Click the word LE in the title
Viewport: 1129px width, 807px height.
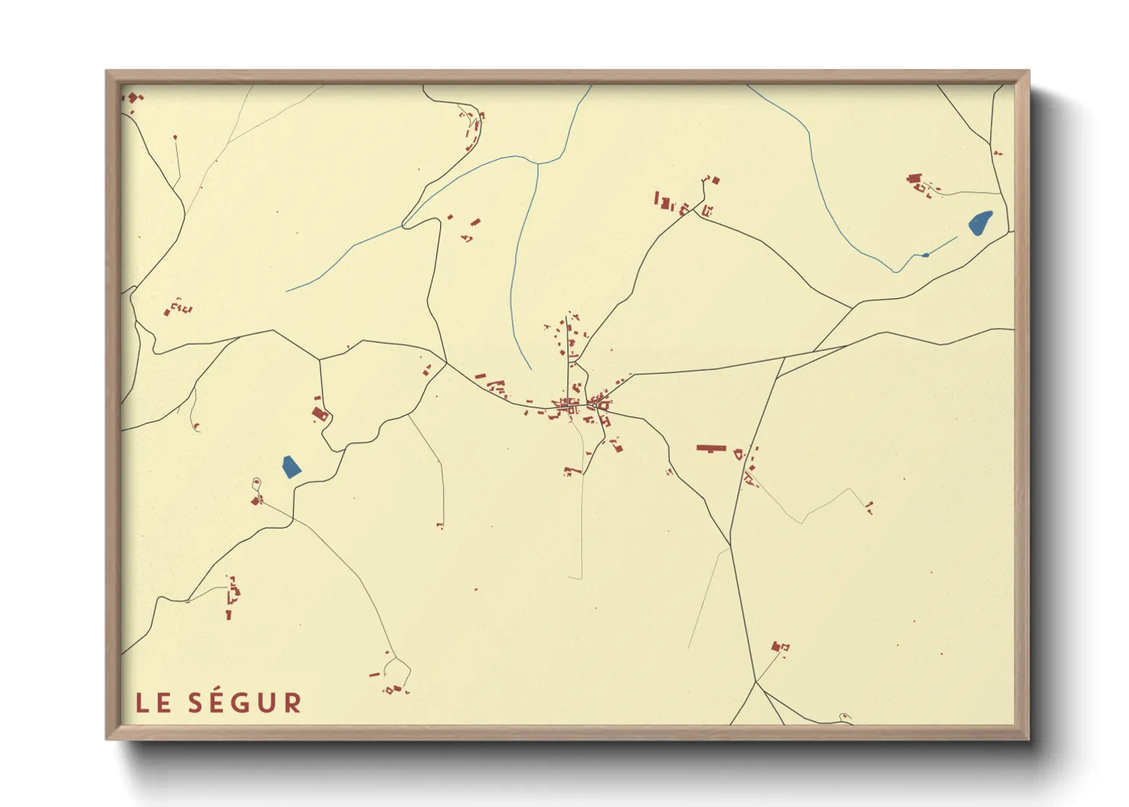tap(153, 703)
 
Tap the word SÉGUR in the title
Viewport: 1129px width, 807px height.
tap(245, 703)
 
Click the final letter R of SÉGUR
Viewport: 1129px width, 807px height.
tap(293, 703)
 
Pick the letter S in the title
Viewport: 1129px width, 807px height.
tap(196, 703)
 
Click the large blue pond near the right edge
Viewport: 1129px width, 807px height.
tap(980, 223)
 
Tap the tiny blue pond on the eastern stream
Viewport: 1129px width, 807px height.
tap(925, 255)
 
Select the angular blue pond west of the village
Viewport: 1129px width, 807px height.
tap(291, 466)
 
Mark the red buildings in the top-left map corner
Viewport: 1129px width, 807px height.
tap(133, 98)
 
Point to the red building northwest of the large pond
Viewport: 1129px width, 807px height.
tap(914, 179)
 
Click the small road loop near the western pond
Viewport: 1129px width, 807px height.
tap(256, 481)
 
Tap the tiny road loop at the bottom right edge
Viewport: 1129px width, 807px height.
tap(844, 716)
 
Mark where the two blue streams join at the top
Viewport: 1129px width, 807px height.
tap(538, 163)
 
